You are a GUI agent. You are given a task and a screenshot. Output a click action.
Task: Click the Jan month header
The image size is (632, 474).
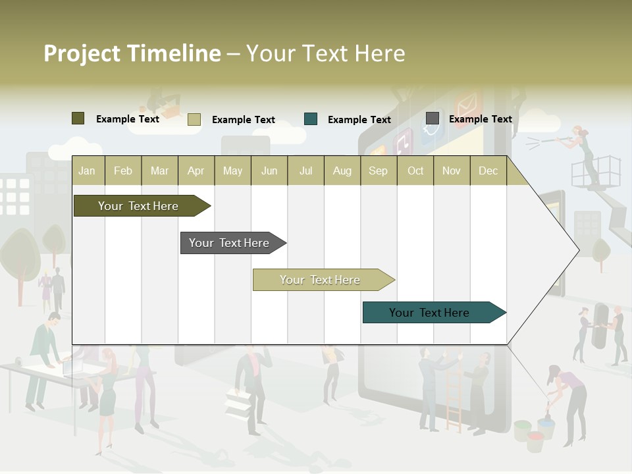(x=87, y=171)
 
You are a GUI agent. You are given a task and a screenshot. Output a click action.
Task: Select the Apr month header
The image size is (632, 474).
(x=196, y=171)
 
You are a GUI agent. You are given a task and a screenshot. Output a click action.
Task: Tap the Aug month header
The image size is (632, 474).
(x=342, y=171)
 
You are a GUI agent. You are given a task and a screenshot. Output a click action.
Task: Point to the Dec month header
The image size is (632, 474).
(x=488, y=171)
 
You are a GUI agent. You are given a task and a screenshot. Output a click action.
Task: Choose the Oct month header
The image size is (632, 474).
(x=415, y=171)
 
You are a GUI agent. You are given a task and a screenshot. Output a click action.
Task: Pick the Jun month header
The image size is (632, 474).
(x=269, y=171)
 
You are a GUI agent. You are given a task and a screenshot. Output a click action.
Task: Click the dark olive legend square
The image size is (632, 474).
(x=78, y=118)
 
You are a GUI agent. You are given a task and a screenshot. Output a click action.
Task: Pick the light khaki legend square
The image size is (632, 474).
(x=194, y=119)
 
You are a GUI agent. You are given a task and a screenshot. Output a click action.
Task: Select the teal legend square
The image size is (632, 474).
(x=311, y=119)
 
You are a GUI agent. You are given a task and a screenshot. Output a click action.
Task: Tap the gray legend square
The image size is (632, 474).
(x=433, y=118)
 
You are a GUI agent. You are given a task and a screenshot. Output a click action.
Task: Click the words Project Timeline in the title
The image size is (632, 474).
(x=132, y=53)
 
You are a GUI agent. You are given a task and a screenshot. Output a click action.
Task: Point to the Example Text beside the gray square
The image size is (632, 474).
(x=480, y=119)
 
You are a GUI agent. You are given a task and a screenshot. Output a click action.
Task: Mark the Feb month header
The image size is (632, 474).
(x=123, y=171)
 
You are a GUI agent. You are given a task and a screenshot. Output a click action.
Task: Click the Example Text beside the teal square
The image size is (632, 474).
(x=359, y=120)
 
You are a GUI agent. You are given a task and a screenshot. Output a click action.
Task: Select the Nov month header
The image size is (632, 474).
(x=452, y=171)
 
